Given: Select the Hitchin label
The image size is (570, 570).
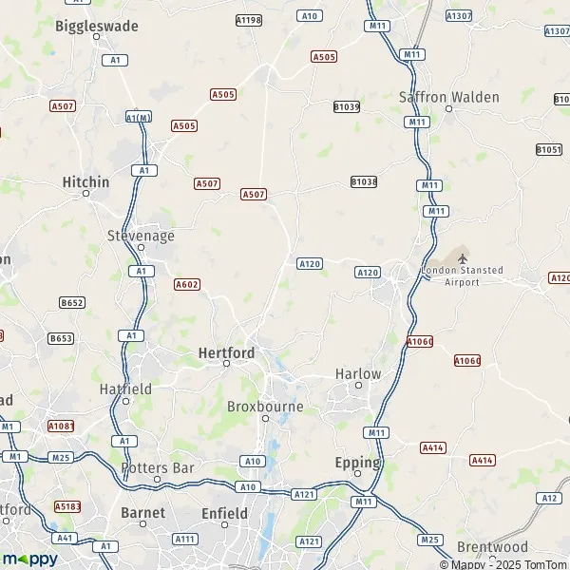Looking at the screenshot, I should pos(85,181).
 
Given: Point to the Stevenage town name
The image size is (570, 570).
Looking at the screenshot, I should pos(141,235).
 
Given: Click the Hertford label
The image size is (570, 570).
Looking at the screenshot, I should pos(226,352).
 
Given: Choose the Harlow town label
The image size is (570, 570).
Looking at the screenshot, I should pos(358,373).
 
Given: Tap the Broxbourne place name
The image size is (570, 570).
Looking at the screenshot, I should pos(265,407).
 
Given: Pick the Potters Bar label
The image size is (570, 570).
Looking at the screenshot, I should pos(158,467).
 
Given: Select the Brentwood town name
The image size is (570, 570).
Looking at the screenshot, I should pos(492,546).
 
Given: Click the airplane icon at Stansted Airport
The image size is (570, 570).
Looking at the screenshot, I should pos(463,257).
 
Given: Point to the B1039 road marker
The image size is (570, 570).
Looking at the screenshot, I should pos(347,107).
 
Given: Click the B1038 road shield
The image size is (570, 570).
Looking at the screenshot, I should pos(364,181).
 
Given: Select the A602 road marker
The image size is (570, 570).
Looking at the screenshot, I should pos(187,284).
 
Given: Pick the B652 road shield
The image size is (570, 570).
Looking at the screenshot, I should pos(72,302).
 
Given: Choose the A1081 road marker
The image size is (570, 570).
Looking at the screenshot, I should pos(61,425).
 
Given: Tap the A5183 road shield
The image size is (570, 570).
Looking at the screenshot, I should pos(66,506).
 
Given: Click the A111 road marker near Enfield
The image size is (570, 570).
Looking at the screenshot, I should pos(185,539).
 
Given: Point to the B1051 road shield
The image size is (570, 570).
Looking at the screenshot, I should pos(549,149).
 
